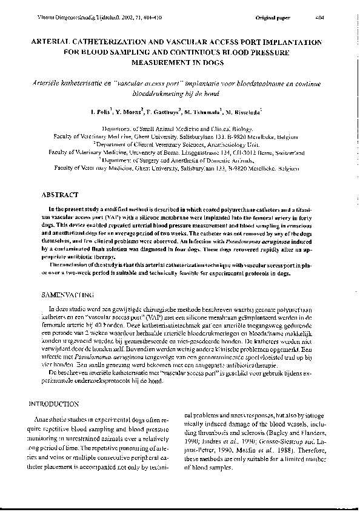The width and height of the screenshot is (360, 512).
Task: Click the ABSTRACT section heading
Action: pyautogui.click(x=61, y=196)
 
